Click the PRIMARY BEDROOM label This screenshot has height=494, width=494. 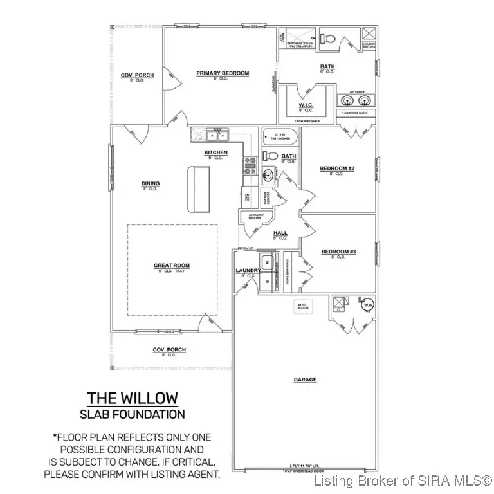[222, 73]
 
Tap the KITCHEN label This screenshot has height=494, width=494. [215, 152]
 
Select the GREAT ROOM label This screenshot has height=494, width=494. [171, 265]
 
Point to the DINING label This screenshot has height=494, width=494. [150, 184]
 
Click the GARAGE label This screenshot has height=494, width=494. [305, 380]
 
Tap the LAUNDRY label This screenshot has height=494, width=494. [247, 271]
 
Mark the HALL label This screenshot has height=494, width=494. [279, 233]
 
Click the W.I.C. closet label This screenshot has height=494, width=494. [306, 104]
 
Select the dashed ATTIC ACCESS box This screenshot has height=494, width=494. [302, 306]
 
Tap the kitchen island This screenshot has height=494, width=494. [199, 188]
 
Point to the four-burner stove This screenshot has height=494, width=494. [249, 166]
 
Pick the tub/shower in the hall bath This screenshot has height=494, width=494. [280, 137]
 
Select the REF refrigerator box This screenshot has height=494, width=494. [246, 197]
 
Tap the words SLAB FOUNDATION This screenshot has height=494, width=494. [132, 414]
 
